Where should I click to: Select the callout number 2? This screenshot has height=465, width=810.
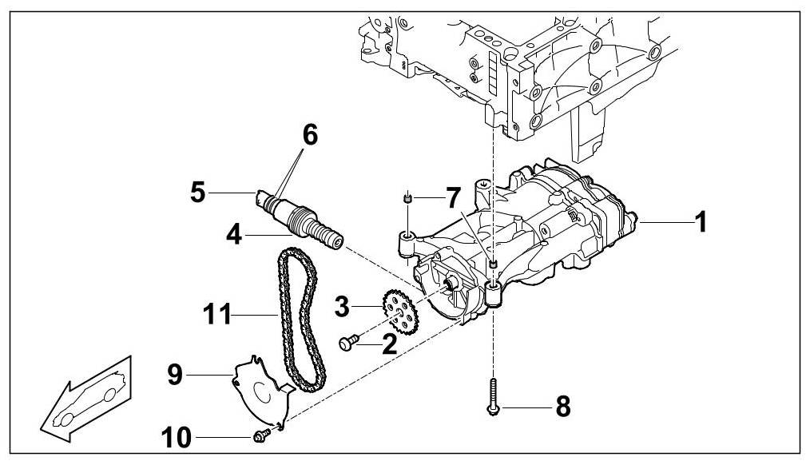pyautogui.click(x=389, y=344)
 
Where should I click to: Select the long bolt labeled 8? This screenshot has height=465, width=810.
pyautogui.click(x=494, y=395)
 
